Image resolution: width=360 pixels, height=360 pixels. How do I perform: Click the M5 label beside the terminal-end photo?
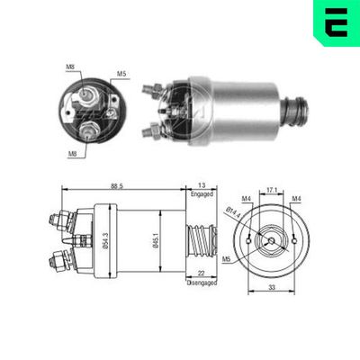[121, 73]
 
